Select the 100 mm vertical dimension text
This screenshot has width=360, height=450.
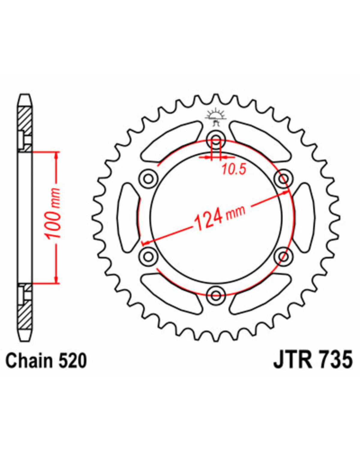pos(52,213)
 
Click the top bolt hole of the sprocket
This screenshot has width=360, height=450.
pos(216,140)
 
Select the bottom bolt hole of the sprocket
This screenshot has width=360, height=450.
pos(216,295)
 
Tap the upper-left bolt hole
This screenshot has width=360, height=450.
pos(149,179)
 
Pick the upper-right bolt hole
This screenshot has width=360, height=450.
pos(283,179)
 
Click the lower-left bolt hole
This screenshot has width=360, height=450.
pos(149,256)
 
